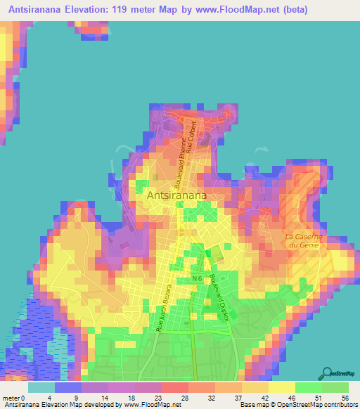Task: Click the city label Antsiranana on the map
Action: (x=184, y=197)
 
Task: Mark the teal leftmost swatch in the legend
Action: (x=41, y=387)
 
